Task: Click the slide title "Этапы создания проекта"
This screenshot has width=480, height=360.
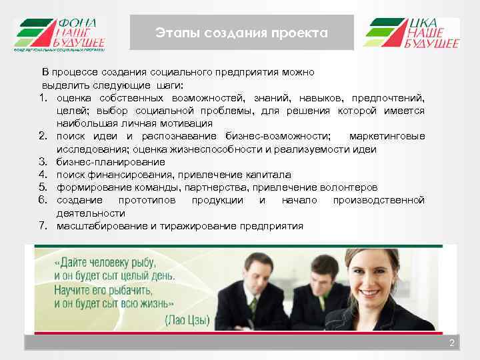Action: point(241,33)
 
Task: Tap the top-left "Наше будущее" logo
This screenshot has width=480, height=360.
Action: point(59,34)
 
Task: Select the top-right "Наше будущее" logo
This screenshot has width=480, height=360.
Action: point(411,33)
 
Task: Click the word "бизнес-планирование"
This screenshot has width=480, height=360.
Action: point(111,162)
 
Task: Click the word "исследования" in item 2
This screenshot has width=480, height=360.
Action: point(87,149)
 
